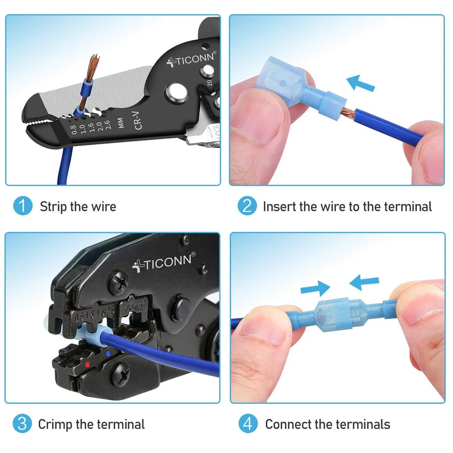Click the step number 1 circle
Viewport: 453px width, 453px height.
point(23,206)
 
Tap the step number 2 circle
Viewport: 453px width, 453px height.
point(247,206)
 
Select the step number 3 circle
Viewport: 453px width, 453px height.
point(22,424)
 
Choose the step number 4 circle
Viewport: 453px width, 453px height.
point(247,424)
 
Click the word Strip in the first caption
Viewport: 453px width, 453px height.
point(53,207)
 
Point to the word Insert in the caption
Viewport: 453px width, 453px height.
point(279,207)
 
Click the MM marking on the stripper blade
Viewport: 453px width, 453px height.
point(121,123)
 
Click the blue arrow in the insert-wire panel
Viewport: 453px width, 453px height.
point(361,83)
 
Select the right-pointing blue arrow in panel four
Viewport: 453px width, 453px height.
point(315,287)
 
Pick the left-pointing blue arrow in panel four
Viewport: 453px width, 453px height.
point(364,283)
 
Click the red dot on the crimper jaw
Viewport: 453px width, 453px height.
point(87,365)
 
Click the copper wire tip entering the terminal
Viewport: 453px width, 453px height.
point(348,112)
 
